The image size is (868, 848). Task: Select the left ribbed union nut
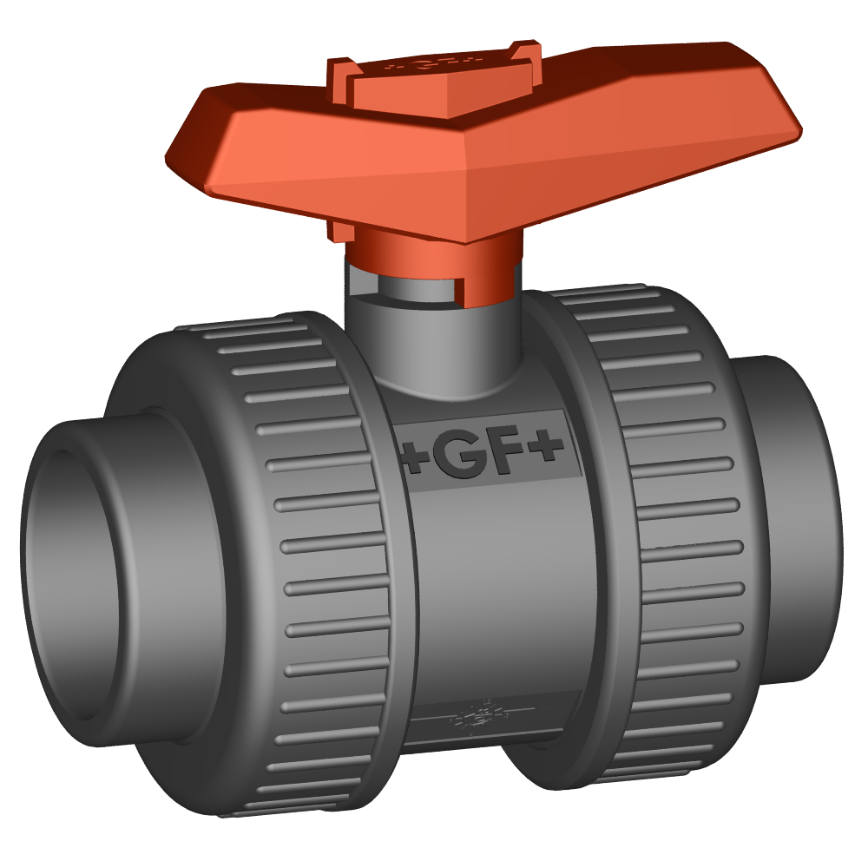[x=321, y=555]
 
